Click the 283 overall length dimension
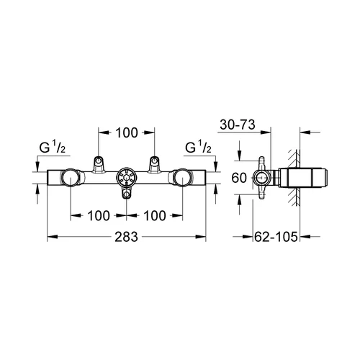[x=126, y=237]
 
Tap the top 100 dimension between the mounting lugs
[x=127, y=132]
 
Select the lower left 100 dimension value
[x=99, y=215]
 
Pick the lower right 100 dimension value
[x=155, y=215]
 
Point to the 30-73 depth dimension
[x=238, y=125]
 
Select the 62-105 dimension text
[x=276, y=237]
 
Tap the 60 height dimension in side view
[x=239, y=178]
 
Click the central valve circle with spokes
[x=126, y=178]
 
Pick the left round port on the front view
[x=70, y=178]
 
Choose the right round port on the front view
[x=182, y=178]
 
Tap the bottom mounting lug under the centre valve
[x=126, y=193]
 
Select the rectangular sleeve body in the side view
[x=304, y=178]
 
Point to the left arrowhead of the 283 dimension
[x=53, y=237]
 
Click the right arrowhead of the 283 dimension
[x=201, y=237]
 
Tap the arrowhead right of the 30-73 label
[x=265, y=132]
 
